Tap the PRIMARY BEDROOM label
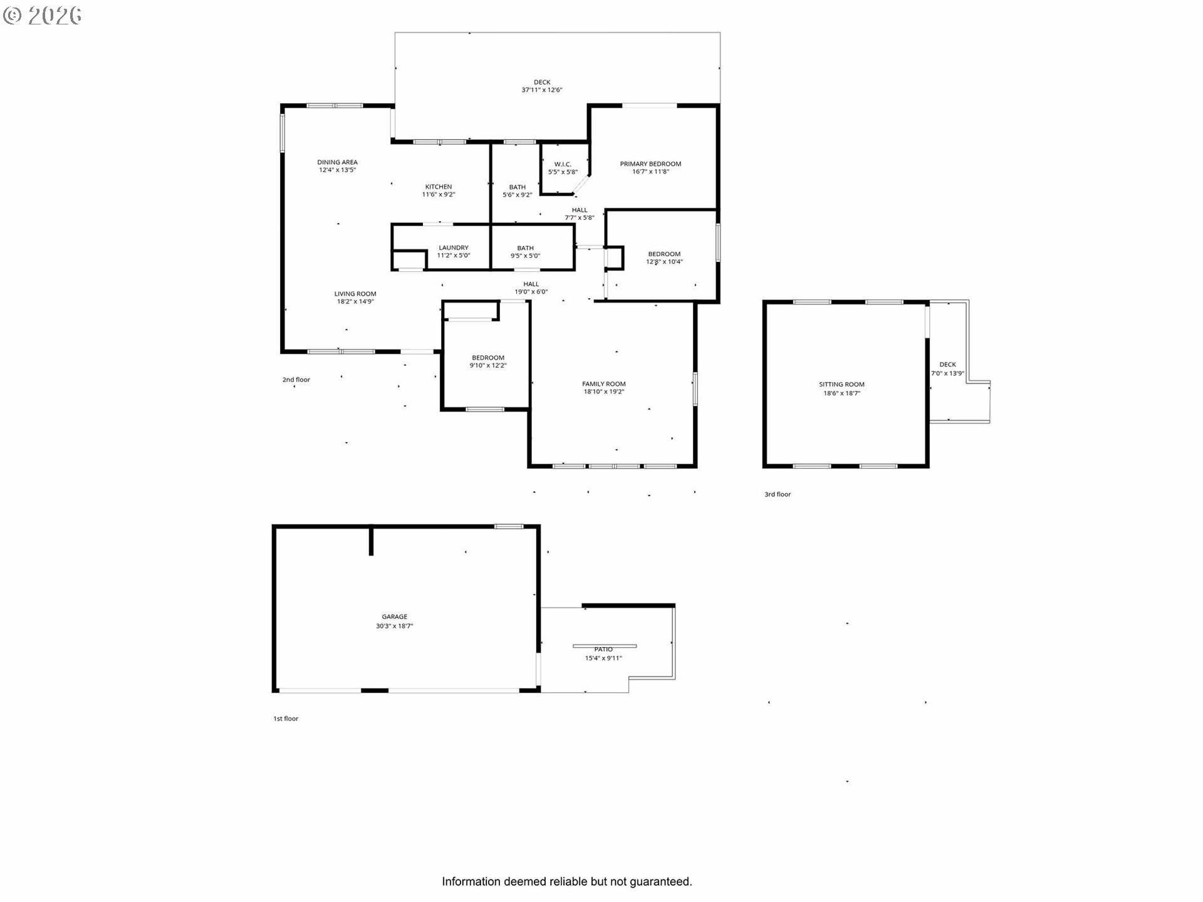[x=650, y=164]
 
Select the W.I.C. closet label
[x=563, y=165]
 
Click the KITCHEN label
[x=439, y=187]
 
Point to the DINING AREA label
[x=337, y=162]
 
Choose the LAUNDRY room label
[x=454, y=248]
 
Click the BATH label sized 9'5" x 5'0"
[x=525, y=249]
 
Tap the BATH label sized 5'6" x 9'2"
[x=517, y=187]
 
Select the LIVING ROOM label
[x=355, y=294]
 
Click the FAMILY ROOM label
[x=603, y=384]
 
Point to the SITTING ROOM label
[x=841, y=385]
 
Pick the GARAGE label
[x=395, y=617]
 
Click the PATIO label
[x=603, y=650]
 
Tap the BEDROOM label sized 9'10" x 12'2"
[x=488, y=358]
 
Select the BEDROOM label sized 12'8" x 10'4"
[x=664, y=254]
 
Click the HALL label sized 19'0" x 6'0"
[x=531, y=284]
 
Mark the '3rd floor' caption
[x=778, y=494]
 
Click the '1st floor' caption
[x=286, y=718]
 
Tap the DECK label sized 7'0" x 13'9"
[x=947, y=365]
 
